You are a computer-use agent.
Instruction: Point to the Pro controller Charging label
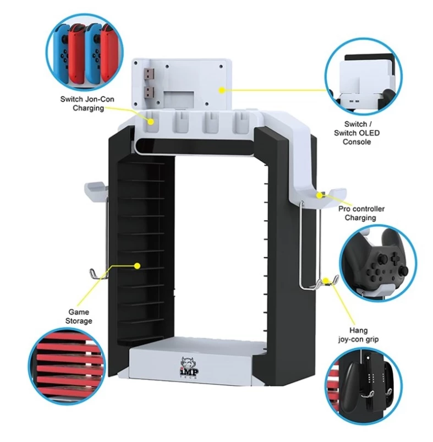pyautogui.click(x=360, y=213)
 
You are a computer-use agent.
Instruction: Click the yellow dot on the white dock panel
pyautogui.click(x=222, y=89)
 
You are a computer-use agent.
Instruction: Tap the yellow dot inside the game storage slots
pyautogui.click(x=138, y=266)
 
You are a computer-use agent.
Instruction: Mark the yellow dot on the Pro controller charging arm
pyautogui.click(x=321, y=194)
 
